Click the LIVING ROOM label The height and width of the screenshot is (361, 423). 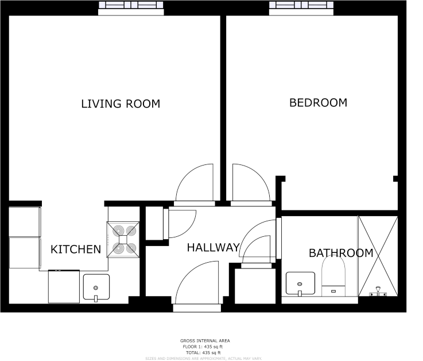pyautogui.click(x=121, y=104)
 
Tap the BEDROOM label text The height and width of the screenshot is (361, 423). pyautogui.click(x=318, y=103)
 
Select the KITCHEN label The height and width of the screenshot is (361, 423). pyautogui.click(x=76, y=249)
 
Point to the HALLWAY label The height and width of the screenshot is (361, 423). pyautogui.click(x=213, y=248)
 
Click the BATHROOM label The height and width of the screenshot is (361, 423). pyautogui.click(x=341, y=253)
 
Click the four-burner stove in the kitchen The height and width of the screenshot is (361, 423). pyautogui.click(x=123, y=239)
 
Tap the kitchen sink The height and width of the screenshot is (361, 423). pyautogui.click(x=96, y=287)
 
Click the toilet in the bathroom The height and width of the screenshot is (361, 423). pyautogui.click(x=333, y=276)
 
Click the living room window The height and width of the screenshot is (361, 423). pyautogui.click(x=131, y=6)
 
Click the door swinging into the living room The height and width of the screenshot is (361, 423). pyautogui.click(x=194, y=185)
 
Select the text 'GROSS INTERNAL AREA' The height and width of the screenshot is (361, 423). pyautogui.click(x=205, y=341)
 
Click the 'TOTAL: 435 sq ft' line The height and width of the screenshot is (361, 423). pyautogui.click(x=205, y=352)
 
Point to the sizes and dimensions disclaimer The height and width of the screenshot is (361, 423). pyautogui.click(x=205, y=358)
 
